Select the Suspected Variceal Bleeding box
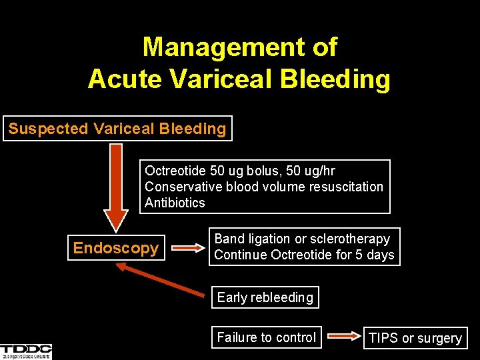pyautogui.click(x=117, y=128)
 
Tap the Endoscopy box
pyautogui.click(x=116, y=248)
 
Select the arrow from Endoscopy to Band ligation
pyautogui.click(x=187, y=248)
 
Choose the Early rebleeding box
pyautogui.click(x=265, y=297)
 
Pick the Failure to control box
pyautogui.click(x=267, y=337)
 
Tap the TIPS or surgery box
pyautogui.click(x=415, y=338)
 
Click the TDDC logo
pyautogui.click(x=26, y=351)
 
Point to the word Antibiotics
pyautogui.click(x=175, y=203)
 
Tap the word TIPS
pyautogui.click(x=383, y=338)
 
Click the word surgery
pyautogui.click(x=439, y=339)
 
